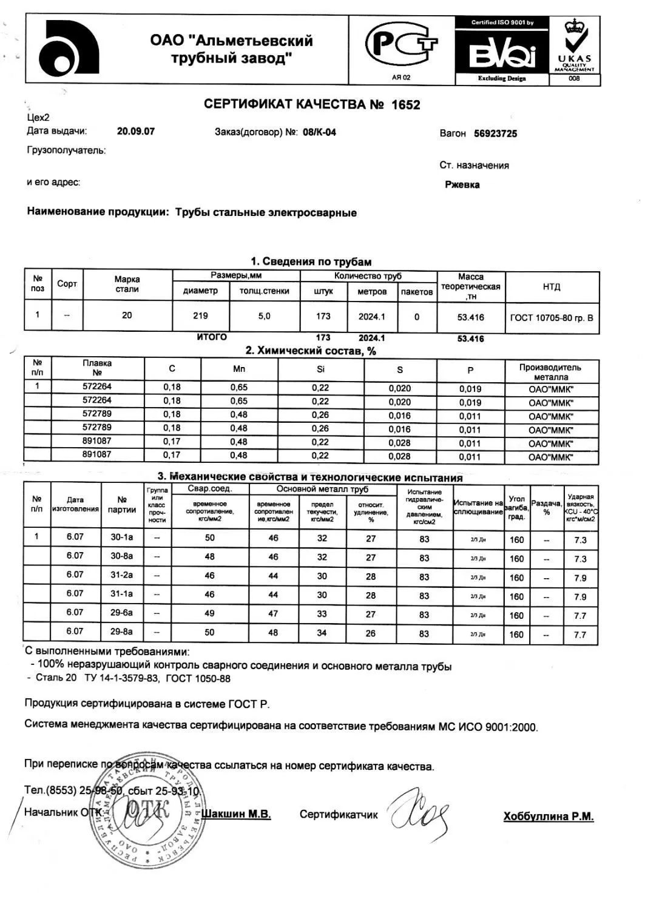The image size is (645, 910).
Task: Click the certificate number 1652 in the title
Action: (405, 105)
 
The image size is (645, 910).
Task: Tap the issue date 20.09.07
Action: (135, 131)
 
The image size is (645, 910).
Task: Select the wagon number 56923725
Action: (495, 133)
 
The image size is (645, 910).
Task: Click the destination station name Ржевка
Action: (462, 184)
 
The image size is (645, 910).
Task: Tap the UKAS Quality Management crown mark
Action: (573, 45)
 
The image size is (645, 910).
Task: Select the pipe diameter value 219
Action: (200, 315)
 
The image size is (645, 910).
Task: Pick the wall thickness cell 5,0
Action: (264, 316)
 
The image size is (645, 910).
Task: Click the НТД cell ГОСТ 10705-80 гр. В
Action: (552, 317)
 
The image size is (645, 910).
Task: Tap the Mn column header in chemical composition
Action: (239, 369)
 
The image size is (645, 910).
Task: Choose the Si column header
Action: (320, 369)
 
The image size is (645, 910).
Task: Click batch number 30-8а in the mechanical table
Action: (121, 556)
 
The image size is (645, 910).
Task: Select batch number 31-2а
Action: (121, 575)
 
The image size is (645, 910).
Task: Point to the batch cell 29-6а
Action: (121, 613)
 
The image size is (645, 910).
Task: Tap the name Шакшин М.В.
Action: (236, 814)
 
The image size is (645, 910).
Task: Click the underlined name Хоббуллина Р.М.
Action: (548, 817)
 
